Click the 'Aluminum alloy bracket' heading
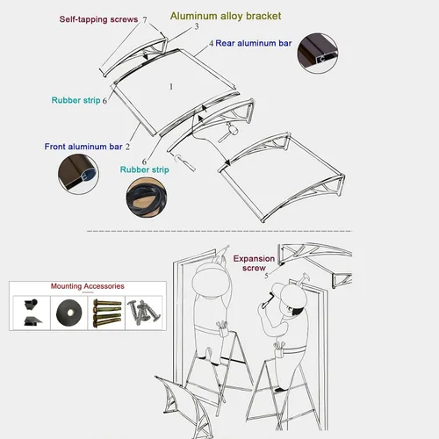point(226,16)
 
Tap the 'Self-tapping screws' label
point(98,19)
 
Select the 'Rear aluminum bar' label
point(254,43)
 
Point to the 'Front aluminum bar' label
point(83,147)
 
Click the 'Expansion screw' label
point(254,263)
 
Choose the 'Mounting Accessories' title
point(88,286)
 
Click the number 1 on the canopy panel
point(171,87)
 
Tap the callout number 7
point(145,19)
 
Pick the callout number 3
point(197,26)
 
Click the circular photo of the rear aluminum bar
point(318,53)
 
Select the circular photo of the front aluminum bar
point(78,174)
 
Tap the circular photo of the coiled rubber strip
point(147,198)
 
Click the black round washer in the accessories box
point(69,313)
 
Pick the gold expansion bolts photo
point(107,313)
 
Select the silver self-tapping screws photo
point(144,312)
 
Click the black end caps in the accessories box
point(32,313)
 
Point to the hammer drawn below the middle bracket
point(229,133)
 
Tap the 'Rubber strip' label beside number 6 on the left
point(76,100)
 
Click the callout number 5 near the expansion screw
point(266,276)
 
